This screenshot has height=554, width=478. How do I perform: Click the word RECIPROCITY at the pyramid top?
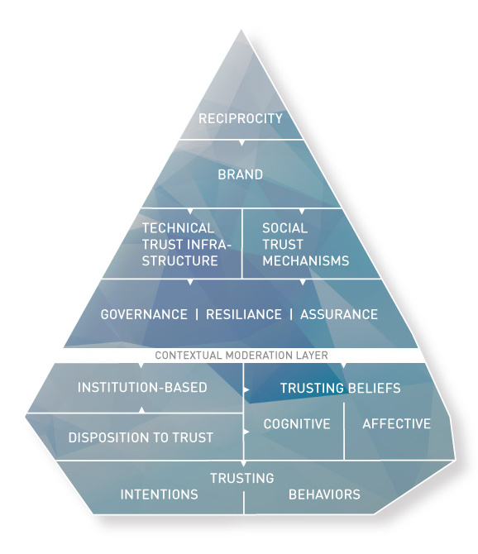pos(241,118)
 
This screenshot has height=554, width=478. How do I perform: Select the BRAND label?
pos(241,174)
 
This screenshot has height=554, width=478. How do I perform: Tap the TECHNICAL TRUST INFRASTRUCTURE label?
pos(179,244)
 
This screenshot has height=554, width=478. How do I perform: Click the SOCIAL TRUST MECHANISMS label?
pos(305,244)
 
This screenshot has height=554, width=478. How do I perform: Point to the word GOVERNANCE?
pos(144,314)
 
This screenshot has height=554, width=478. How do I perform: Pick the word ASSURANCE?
pos(339,314)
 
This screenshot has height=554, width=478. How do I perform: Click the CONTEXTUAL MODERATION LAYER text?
pos(241,356)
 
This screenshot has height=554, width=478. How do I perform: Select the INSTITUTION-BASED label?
pos(141,387)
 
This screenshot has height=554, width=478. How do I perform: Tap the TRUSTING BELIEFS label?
pos(340,388)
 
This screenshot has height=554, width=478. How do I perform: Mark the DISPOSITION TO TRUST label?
pos(141,437)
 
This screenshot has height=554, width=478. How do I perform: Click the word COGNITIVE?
pos(297,424)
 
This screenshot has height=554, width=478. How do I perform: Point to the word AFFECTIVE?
pos(397,424)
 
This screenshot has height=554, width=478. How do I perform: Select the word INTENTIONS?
pos(160,494)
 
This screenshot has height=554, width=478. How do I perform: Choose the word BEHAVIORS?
pos(324,494)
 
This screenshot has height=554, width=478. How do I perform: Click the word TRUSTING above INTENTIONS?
pos(241,478)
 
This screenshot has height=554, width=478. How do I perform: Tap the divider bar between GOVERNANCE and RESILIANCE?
pos(197,314)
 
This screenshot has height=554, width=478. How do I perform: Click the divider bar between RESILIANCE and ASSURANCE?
pos(290,314)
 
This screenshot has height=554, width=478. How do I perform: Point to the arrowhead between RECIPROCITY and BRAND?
pos(241,143)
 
